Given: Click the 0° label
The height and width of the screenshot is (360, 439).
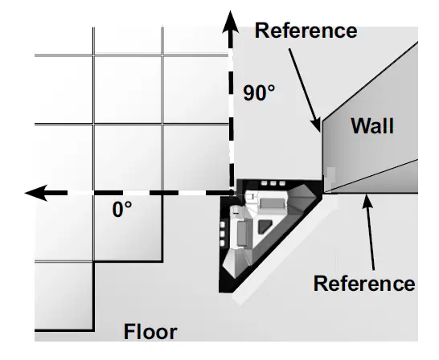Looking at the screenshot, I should pos(122,211).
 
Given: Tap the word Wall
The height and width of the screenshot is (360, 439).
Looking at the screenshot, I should pos(372,125).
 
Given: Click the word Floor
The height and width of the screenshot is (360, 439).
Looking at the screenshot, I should pos(150,331).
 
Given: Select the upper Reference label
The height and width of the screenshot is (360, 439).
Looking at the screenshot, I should pos(306,31).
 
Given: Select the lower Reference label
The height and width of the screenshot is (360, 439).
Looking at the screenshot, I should pos(364,284).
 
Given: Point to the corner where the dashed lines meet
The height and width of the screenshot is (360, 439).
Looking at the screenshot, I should pos(232,193).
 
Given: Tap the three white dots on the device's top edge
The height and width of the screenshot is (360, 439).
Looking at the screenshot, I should pos(273,184).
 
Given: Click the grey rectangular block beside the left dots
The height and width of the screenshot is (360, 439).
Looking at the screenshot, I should pos(240,234).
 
